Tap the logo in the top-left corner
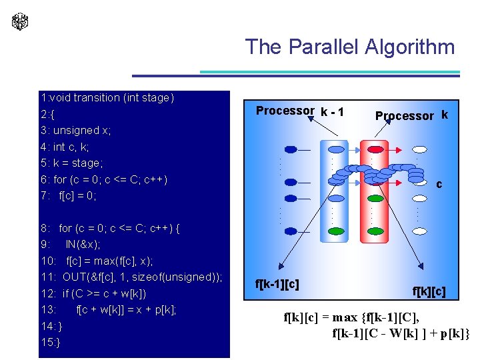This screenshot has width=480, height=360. [20, 21]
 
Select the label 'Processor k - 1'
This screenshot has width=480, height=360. [300, 111]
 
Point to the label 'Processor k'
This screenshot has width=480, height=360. [411, 115]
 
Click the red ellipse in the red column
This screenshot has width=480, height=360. [376, 149]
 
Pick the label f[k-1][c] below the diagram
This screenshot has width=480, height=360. [277, 284]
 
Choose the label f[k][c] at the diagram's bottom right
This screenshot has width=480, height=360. [429, 291]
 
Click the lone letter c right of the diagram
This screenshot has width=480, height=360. [439, 184]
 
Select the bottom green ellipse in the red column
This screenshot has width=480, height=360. [376, 199]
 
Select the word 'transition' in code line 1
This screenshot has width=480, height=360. [97, 98]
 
